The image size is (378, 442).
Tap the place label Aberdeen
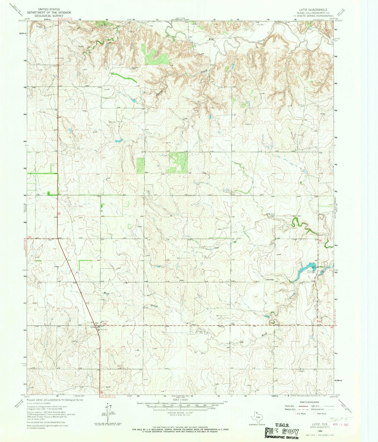[x=270, y=279]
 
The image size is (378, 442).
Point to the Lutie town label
[x=92, y=327]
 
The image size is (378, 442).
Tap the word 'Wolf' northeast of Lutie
[x=106, y=293]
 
